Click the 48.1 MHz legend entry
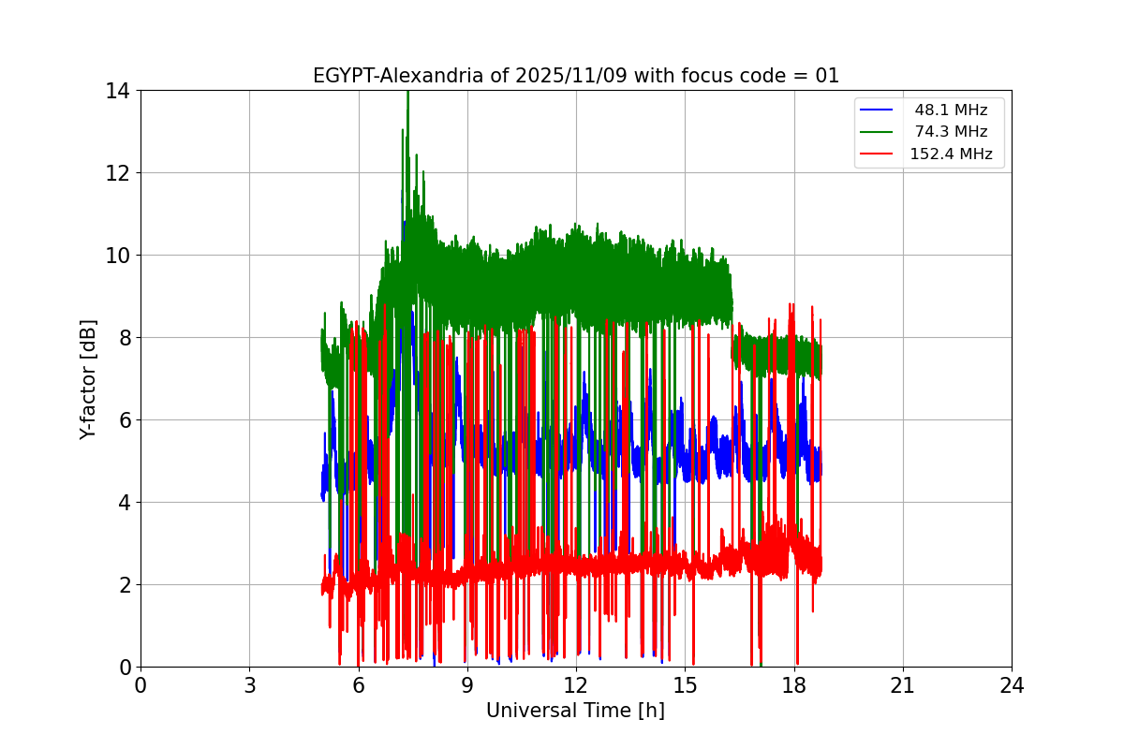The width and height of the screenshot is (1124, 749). [x=951, y=110]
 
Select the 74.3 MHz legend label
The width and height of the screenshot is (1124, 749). [x=951, y=132]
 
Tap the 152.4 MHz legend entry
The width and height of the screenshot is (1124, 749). [x=951, y=154]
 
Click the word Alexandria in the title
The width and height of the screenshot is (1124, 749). [x=440, y=76]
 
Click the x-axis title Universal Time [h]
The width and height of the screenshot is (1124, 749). [x=575, y=711]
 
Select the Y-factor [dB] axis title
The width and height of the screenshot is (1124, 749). [x=88, y=378]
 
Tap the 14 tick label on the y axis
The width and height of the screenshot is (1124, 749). [x=118, y=91]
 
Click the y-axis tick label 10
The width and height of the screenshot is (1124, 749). [x=118, y=256]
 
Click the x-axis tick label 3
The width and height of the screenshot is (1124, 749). [x=249, y=685]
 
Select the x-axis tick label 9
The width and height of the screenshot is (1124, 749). [x=467, y=685]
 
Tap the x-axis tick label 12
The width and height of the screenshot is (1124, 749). [x=576, y=685]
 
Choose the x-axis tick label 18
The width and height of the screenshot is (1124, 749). [x=794, y=685]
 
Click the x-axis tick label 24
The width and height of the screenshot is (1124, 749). [x=1012, y=685]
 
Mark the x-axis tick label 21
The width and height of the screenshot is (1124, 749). [x=903, y=685]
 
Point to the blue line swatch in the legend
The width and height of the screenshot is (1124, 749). [x=878, y=110]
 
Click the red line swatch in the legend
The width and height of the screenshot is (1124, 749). [x=878, y=154]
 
